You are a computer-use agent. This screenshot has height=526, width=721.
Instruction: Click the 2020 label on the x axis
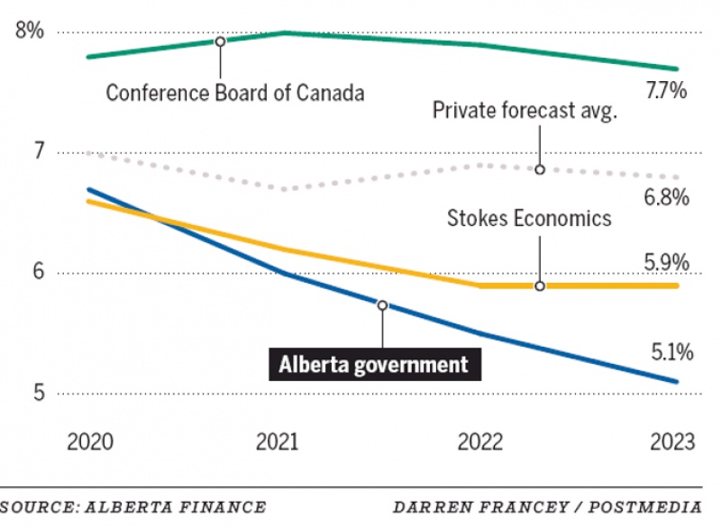[x=90, y=442]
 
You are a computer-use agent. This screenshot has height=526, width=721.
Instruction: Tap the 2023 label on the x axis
[x=671, y=442]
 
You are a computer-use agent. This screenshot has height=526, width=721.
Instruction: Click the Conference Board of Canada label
[x=235, y=92]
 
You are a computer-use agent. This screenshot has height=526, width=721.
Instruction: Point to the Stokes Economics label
[x=530, y=218]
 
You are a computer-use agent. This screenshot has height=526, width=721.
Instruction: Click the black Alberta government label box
[x=373, y=364]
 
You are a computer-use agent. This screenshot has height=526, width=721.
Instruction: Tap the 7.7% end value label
[x=667, y=90]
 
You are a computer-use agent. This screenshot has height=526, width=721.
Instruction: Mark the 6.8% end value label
[x=667, y=196]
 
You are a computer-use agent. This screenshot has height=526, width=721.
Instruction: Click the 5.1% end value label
[x=667, y=352]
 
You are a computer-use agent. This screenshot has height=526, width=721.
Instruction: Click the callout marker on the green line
[x=220, y=41]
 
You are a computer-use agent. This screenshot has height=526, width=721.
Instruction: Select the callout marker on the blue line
[x=382, y=305]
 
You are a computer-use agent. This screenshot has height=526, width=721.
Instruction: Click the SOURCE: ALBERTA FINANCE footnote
[x=133, y=507]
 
